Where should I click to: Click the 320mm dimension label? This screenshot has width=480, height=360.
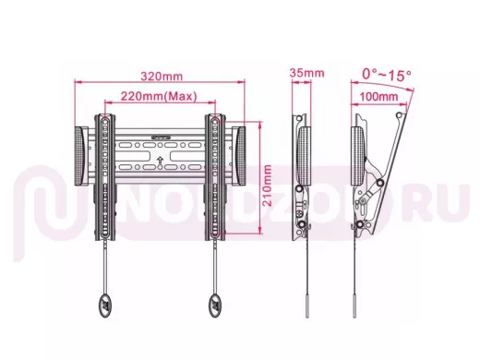[x=162, y=76]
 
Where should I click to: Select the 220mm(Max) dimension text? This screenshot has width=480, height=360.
[x=159, y=96]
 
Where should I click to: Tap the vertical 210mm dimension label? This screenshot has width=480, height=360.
[x=267, y=186]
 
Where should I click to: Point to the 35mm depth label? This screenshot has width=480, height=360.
[x=306, y=73]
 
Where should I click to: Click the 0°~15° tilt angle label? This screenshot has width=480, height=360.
[x=386, y=75]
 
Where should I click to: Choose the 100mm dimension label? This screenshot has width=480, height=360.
[x=378, y=97]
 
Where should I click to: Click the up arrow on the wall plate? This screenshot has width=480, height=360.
[x=160, y=160]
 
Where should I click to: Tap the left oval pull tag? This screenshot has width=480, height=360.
[x=105, y=306]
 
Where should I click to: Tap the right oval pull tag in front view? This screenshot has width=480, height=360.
[x=216, y=306]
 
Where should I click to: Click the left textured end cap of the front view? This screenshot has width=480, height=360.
[x=79, y=156]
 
